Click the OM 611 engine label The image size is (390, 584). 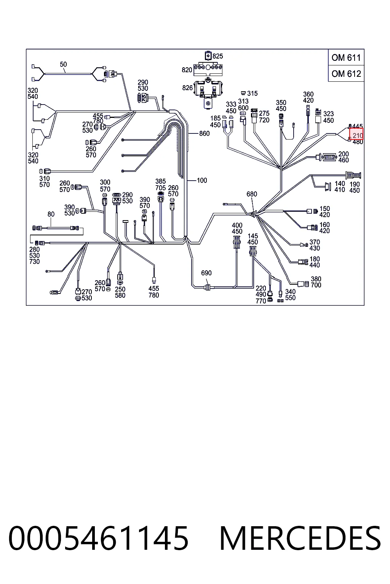pos(346,58)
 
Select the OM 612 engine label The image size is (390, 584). pos(346,74)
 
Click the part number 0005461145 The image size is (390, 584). pos(98,538)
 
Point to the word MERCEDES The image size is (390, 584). pos(300,538)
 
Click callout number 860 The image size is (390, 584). pos(204,133)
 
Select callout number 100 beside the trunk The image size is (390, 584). pos(201,181)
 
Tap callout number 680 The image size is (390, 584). pos(252,194)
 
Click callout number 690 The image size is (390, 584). pos(206,273)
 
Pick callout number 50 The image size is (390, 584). pos(63,64)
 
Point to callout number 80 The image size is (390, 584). pos(51,214)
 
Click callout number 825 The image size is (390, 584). pos(217,56)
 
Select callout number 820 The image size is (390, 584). pos(187,70)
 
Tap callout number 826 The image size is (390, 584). pos(187,88)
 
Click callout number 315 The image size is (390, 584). pos(253,93)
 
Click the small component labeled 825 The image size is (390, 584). pos(208,56)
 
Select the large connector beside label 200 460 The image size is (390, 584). pos(329,157)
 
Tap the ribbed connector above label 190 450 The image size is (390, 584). pos(353,175)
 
